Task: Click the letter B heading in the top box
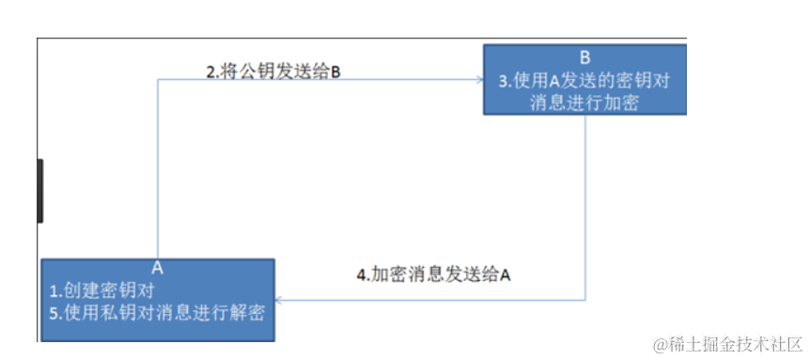585,55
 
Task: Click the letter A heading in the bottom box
157,268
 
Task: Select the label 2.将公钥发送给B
272,70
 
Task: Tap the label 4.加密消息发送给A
433,275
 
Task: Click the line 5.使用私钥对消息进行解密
157,313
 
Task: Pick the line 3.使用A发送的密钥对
584,81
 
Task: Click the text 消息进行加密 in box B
584,103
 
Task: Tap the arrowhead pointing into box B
477,80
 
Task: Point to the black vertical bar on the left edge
39,191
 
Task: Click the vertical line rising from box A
157,169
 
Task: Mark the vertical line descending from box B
587,207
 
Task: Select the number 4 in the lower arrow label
361,275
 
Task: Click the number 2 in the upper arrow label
211,70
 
